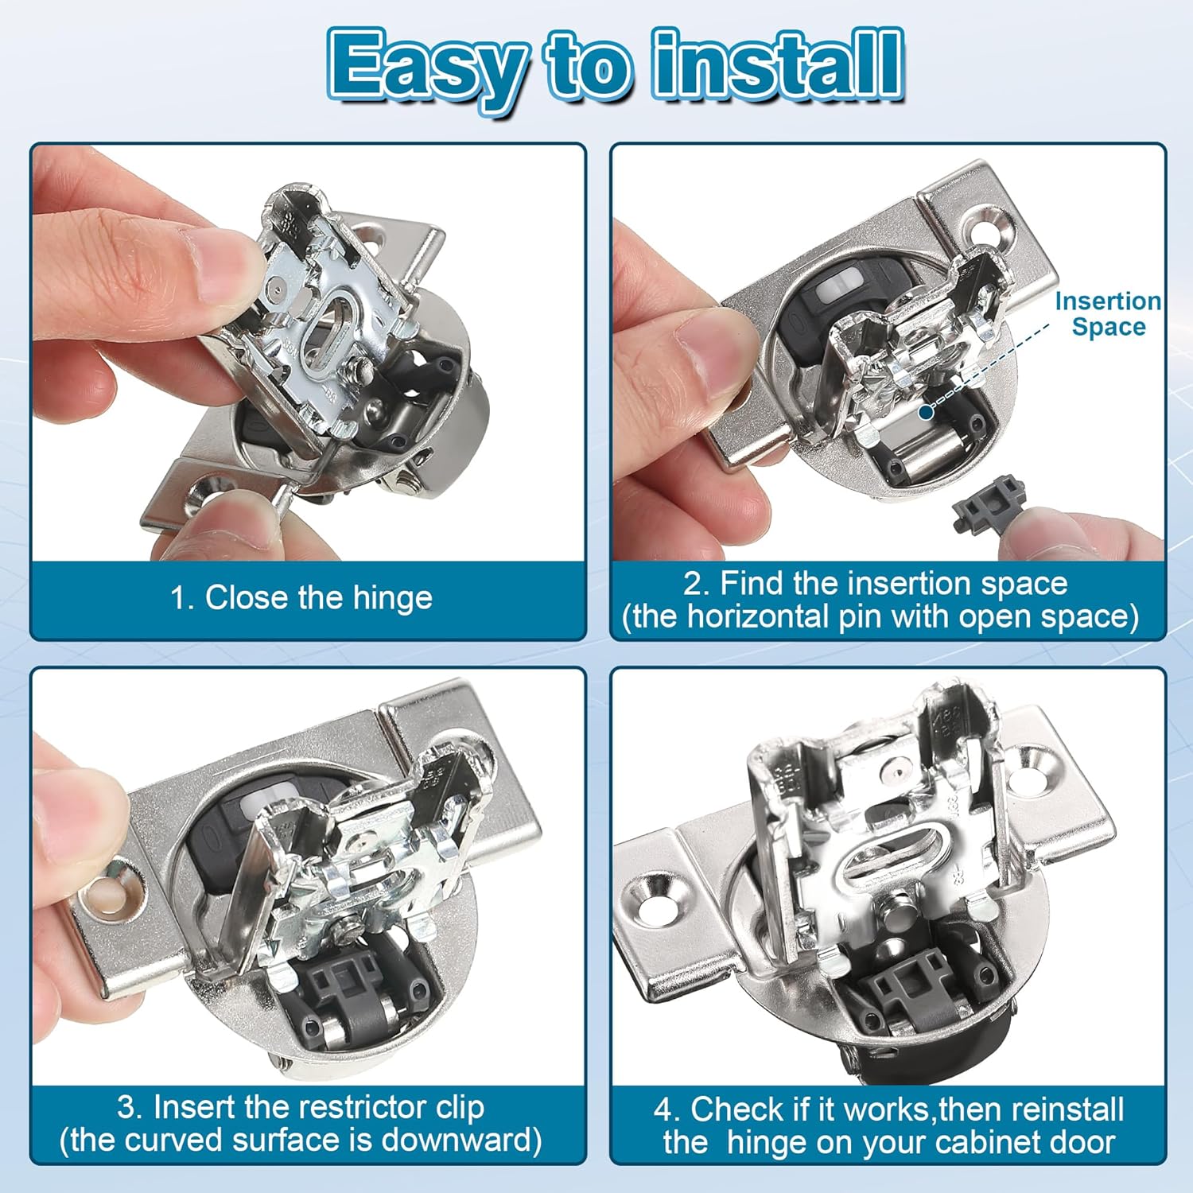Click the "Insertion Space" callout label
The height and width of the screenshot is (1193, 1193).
(1107, 313)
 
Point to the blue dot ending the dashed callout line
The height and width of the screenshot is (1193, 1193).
(925, 411)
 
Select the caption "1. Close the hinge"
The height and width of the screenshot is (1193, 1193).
(301, 597)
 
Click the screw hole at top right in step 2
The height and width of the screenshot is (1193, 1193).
(996, 230)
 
